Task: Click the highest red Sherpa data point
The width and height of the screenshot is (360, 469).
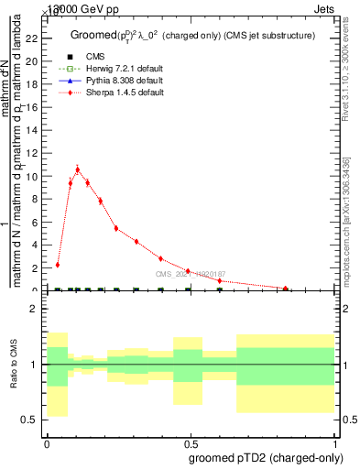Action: pos(77,169)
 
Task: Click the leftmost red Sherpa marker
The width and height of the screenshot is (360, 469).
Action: pos(58,265)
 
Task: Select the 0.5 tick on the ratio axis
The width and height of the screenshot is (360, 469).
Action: pos(32,420)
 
